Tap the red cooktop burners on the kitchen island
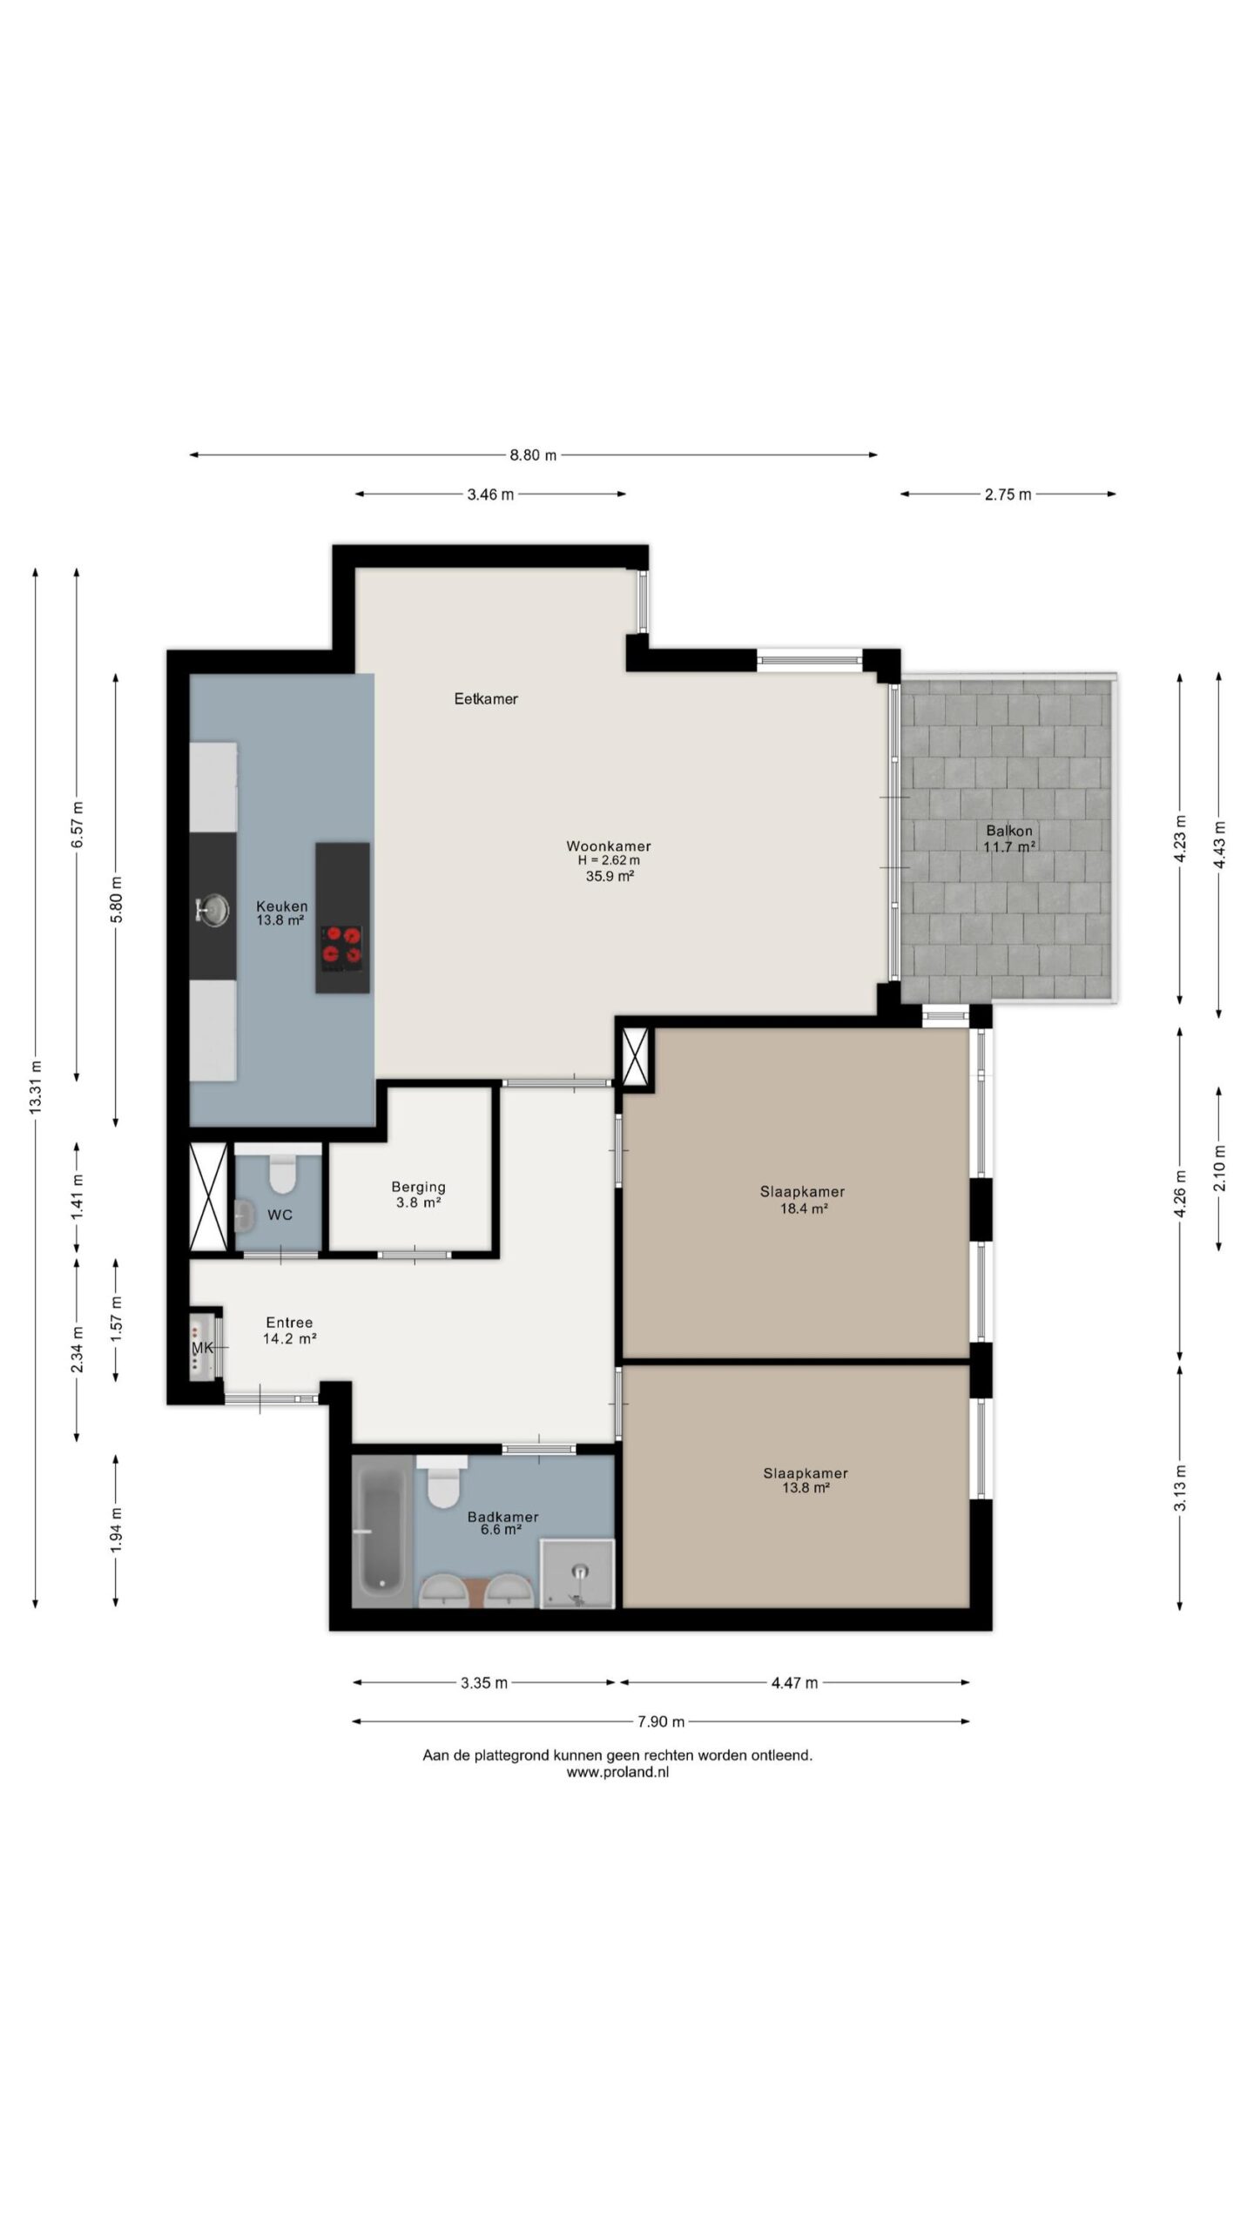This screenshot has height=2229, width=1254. click(x=342, y=947)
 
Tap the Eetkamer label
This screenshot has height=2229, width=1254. click(x=486, y=698)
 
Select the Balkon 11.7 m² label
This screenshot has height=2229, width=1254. click(x=1009, y=838)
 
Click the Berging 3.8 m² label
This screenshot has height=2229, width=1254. click(x=418, y=1195)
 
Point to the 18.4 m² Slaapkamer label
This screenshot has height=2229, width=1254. click(x=802, y=1200)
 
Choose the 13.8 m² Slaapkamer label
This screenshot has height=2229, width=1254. click(x=806, y=1480)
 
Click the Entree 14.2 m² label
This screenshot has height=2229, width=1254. click(x=289, y=1330)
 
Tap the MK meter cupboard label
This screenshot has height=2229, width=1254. click(x=202, y=1348)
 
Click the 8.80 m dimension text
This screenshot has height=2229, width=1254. click(x=533, y=455)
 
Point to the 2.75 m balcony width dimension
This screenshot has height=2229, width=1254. click(x=1008, y=495)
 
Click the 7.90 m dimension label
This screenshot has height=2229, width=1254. click(x=661, y=1721)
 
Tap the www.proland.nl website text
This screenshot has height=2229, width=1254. click(x=617, y=1771)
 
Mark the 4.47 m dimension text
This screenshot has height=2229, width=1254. click(x=794, y=1683)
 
